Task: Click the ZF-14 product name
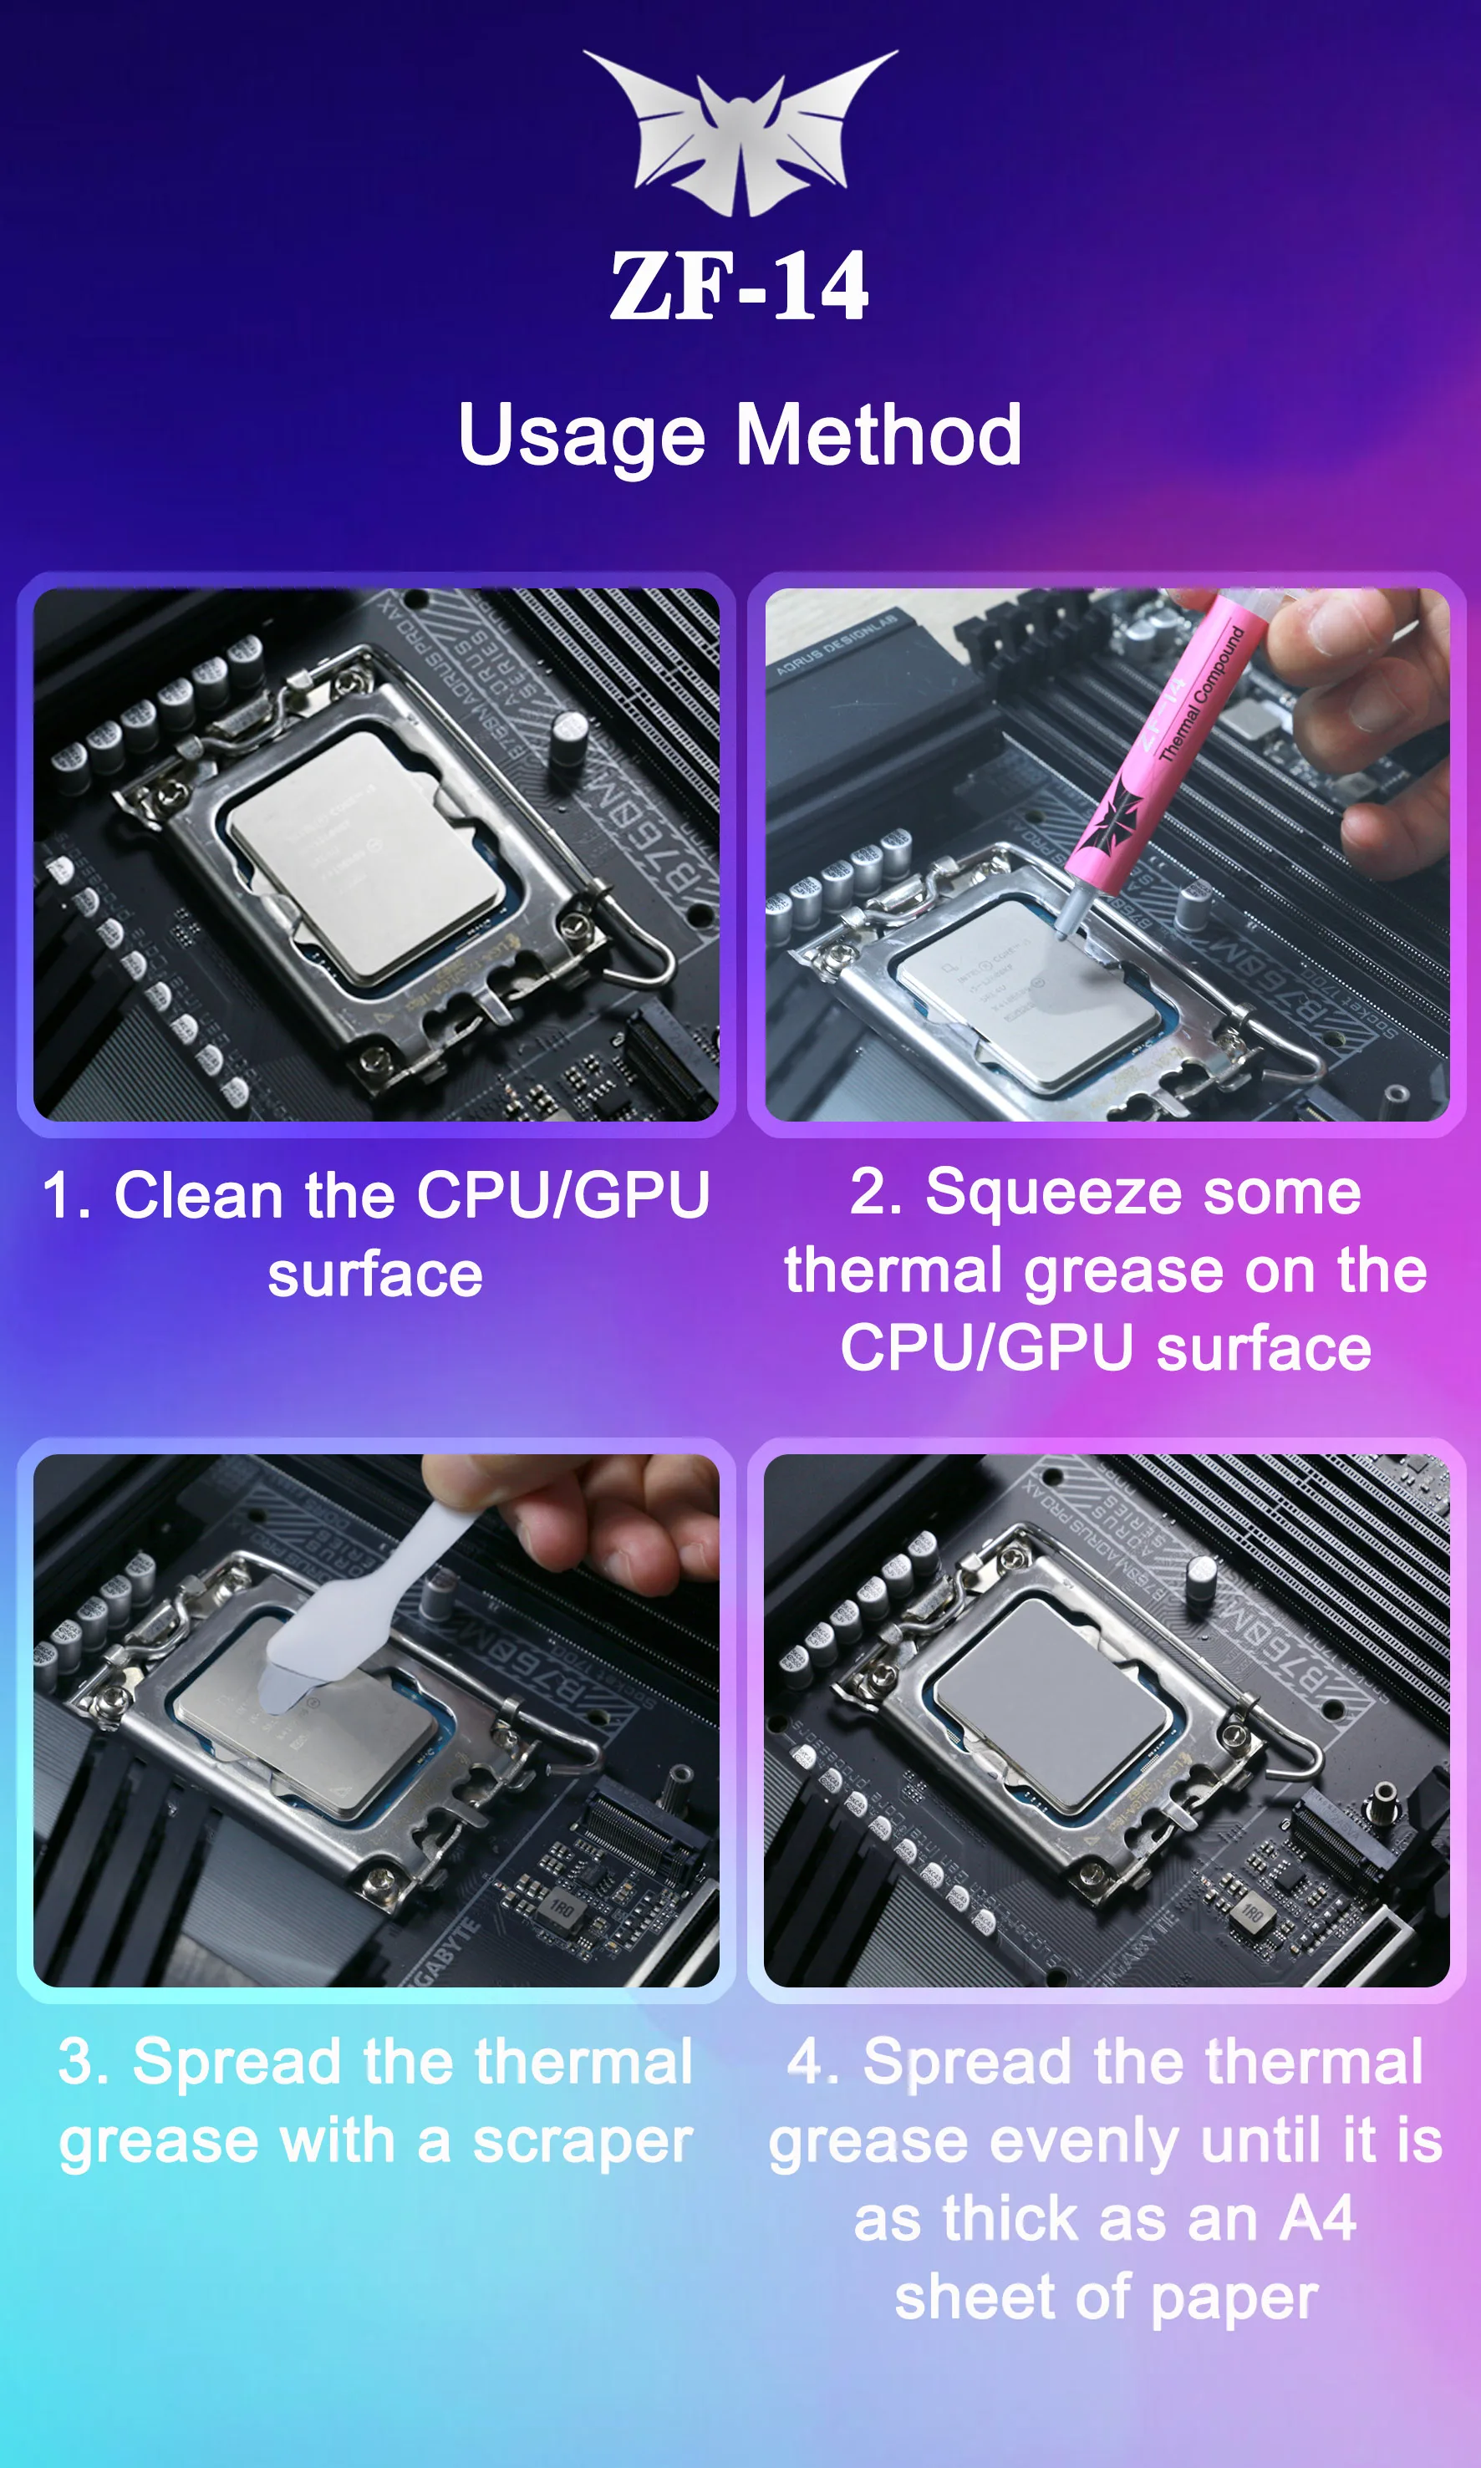click(x=740, y=287)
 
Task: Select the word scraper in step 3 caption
click(x=582, y=2143)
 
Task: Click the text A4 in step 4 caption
click(x=1317, y=2218)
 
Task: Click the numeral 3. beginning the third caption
click(x=84, y=2063)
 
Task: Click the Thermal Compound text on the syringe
click(x=1202, y=694)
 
